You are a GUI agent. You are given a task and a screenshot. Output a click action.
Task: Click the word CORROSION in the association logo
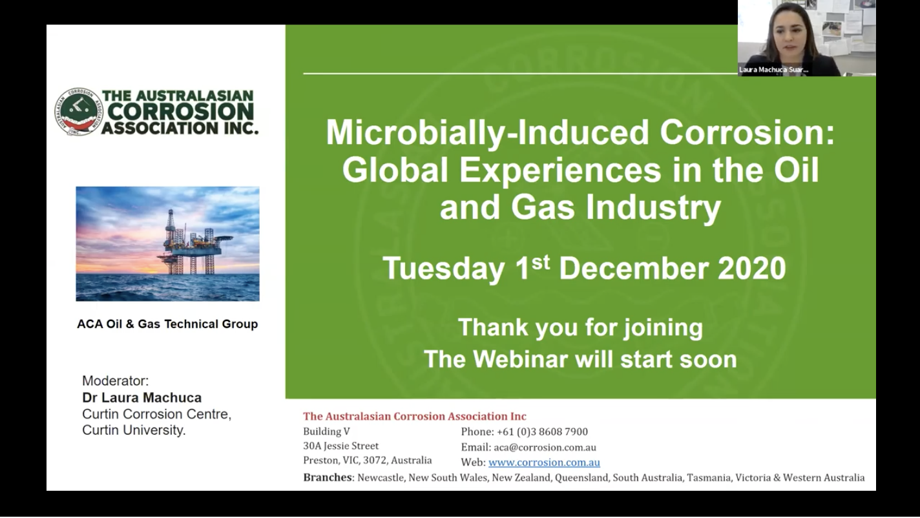tap(180, 112)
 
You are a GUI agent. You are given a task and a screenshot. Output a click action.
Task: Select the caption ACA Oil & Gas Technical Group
tap(167, 324)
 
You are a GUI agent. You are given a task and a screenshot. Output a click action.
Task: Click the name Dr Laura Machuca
tap(141, 398)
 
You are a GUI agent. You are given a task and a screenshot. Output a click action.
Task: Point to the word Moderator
tap(115, 381)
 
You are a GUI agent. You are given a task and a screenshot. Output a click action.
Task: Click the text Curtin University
tap(134, 430)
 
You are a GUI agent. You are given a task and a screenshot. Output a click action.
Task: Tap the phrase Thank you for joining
tap(580, 327)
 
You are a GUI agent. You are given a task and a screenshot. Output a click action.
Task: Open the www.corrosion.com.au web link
tap(544, 462)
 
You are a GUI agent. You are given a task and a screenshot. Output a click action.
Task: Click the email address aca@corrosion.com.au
tap(545, 447)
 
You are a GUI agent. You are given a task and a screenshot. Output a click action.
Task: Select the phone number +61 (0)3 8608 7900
tap(541, 431)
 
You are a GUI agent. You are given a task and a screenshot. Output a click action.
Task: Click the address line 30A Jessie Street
tap(341, 446)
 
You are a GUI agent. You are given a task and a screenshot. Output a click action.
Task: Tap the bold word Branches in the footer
tap(328, 478)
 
